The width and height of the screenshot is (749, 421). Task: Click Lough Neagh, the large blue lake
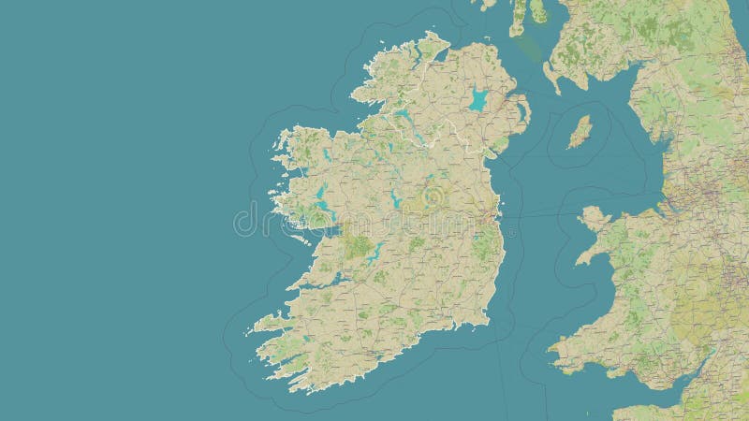478,100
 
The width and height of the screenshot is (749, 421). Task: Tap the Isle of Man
580,132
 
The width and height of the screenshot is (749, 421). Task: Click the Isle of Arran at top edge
538,11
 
